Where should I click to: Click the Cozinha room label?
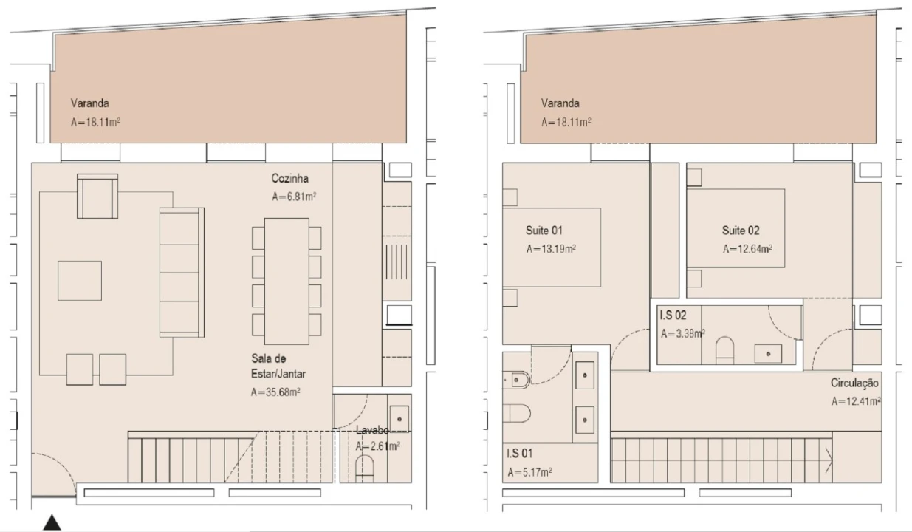[x=290, y=178]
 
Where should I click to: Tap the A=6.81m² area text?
[x=294, y=197]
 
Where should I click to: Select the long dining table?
[x=287, y=282]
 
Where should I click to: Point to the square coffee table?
[x=80, y=281]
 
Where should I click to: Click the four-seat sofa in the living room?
[x=182, y=273]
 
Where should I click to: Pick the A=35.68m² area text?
[x=275, y=392]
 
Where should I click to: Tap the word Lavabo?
[x=372, y=430]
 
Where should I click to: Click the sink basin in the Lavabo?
[x=399, y=419]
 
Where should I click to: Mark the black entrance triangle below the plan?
[x=52, y=522]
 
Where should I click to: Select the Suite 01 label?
[x=544, y=231]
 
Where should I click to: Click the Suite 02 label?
[x=741, y=231]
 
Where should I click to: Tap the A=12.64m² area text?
[x=747, y=249]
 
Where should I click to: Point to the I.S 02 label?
[x=673, y=315]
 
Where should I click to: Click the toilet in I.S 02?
[x=724, y=350]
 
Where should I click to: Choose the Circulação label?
[x=854, y=383]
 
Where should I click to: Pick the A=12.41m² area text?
[x=856, y=401]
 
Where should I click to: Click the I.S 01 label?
[x=520, y=453]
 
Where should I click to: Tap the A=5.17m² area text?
[x=529, y=472]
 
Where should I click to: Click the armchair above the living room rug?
[x=97, y=197]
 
